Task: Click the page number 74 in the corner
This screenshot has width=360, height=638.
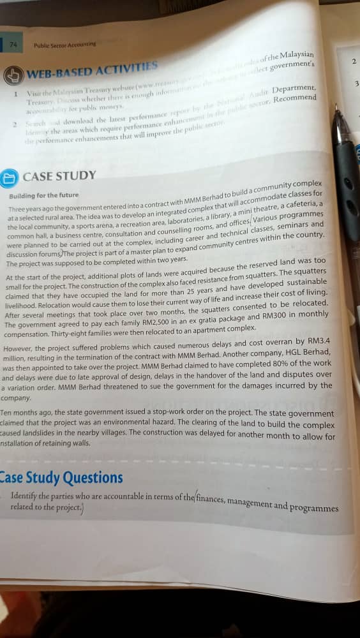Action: point(13,45)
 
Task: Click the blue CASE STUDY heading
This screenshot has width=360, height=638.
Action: point(59,175)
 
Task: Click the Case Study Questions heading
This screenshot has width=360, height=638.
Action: point(61,477)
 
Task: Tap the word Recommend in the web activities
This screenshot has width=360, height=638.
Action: point(294,98)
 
